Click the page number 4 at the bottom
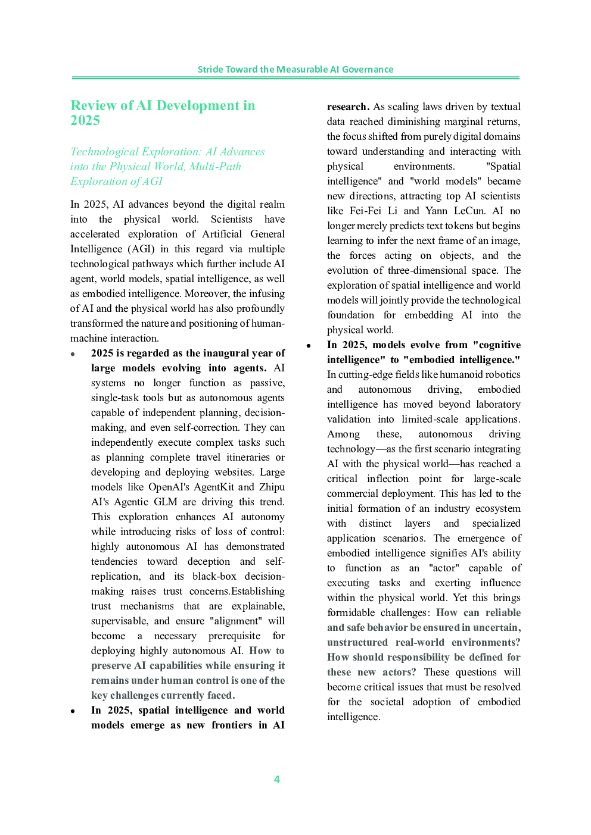click(277, 779)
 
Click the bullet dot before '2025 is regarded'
click(73, 354)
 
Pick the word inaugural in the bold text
click(217, 353)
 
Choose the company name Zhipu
click(272, 487)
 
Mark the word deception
click(209, 561)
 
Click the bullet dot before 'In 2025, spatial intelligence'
click(73, 711)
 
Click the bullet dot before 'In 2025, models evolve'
click(309, 346)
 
